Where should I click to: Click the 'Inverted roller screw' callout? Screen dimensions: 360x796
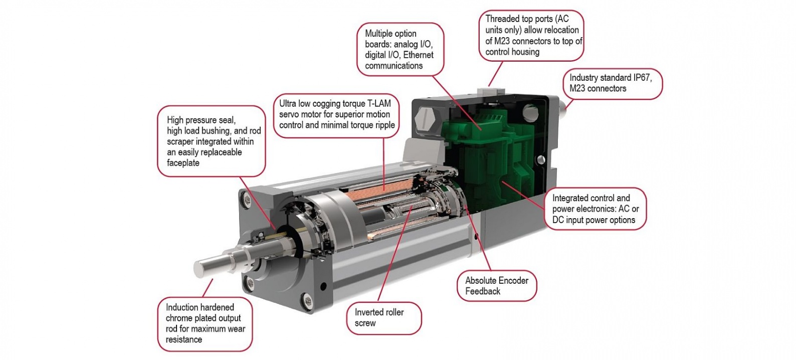pyautogui.click(x=384, y=318)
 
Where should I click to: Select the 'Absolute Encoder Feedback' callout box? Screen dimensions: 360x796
pyautogui.click(x=496, y=286)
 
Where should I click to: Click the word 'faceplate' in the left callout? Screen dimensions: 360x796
pyautogui.click(x=183, y=163)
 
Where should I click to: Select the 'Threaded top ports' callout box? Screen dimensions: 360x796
pyautogui.click(x=531, y=36)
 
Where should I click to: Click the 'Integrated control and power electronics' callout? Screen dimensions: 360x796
pyautogui.click(x=595, y=209)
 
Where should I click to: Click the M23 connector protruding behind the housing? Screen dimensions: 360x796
pyautogui.click(x=567, y=104)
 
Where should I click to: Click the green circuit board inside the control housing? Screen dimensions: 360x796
pyautogui.click(x=481, y=150)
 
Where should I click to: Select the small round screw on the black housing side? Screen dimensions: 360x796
pyautogui.click(x=540, y=159)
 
